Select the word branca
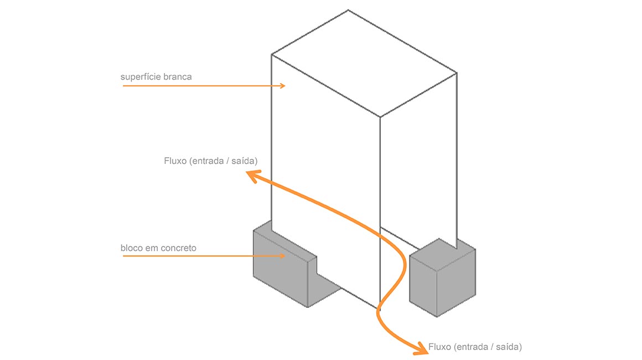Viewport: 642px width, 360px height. [177, 76]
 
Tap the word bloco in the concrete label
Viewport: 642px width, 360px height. [132, 248]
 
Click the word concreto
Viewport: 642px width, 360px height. [178, 248]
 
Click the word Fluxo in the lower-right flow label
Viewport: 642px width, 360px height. [440, 347]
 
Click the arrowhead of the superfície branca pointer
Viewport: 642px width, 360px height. [282, 86]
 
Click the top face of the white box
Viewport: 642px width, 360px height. [364, 64]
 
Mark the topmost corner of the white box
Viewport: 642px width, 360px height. [348, 10]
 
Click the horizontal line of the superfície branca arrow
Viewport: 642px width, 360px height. [199, 86]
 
